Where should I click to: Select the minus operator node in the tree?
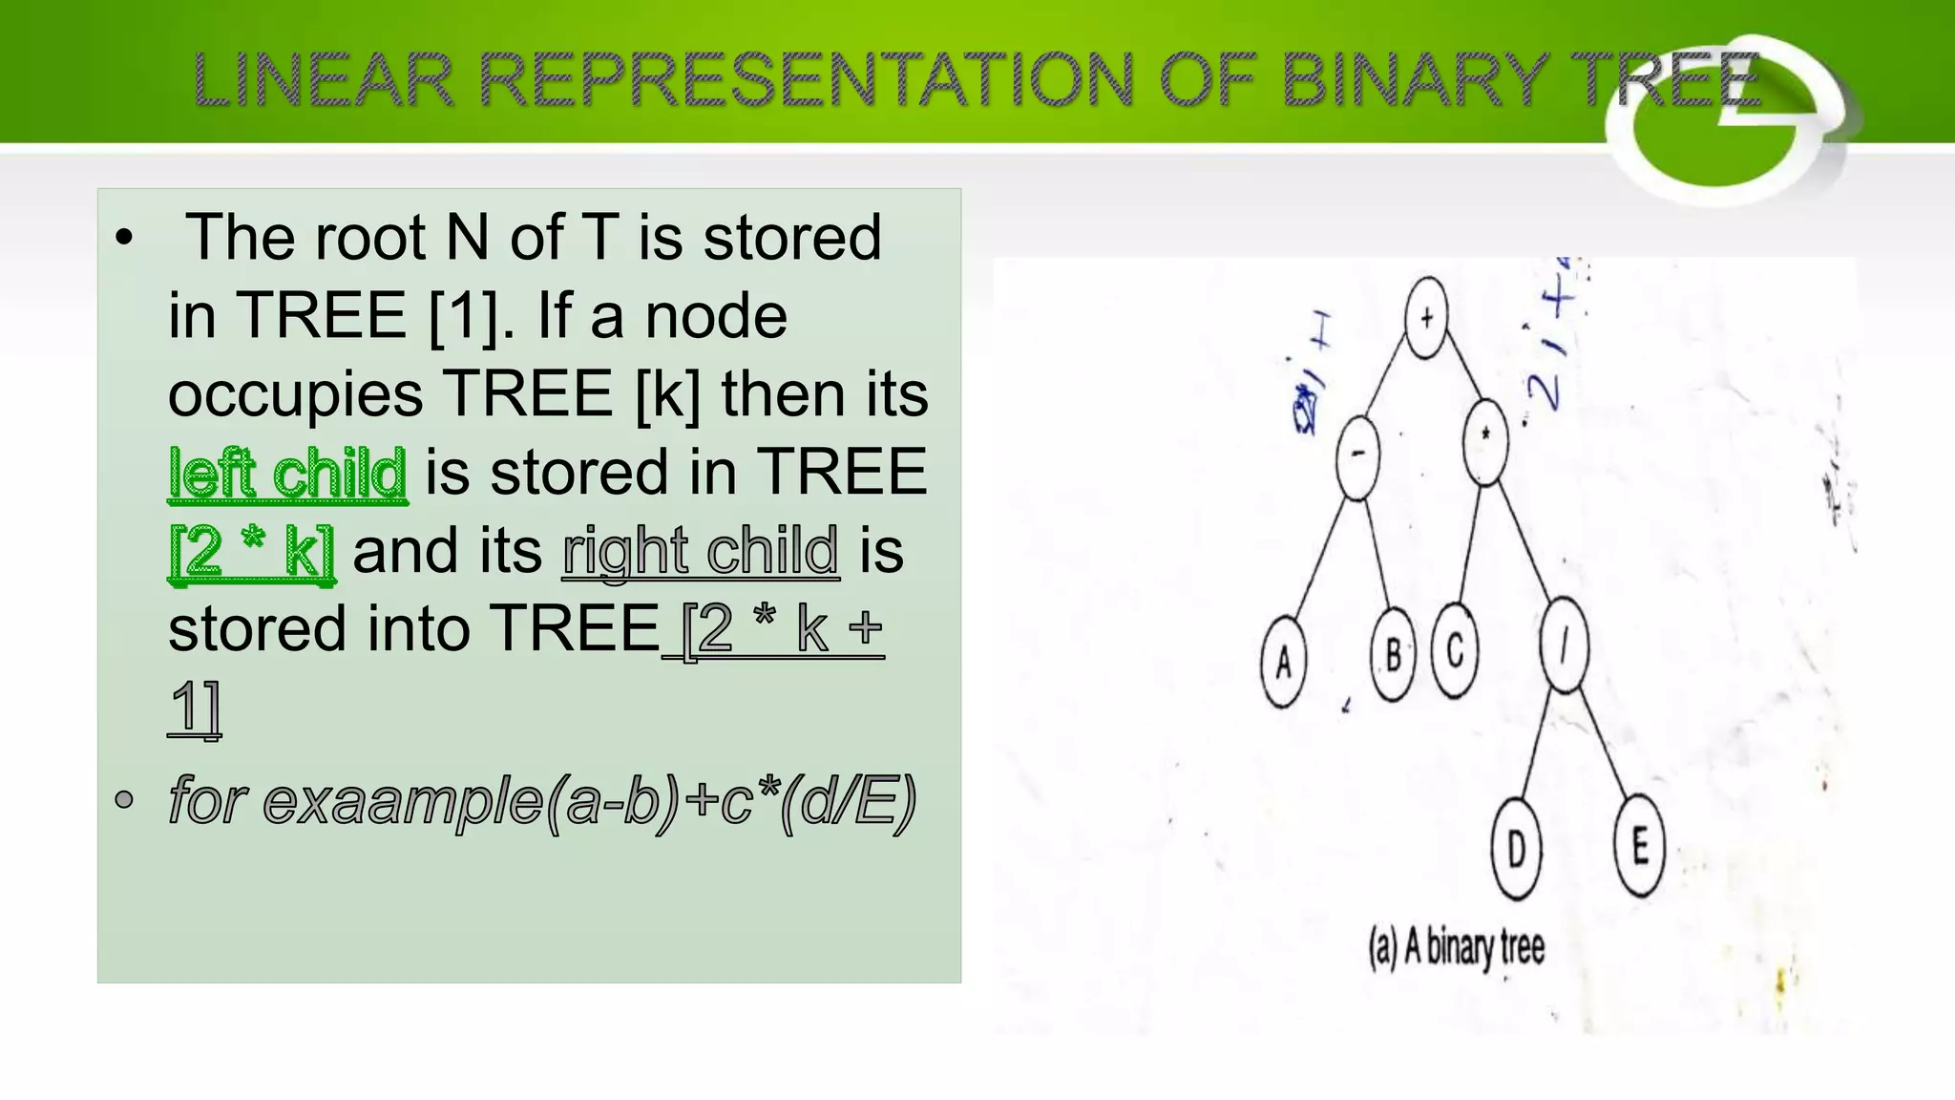1357,456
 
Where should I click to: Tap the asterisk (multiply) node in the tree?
1485,440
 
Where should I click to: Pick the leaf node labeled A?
1283,661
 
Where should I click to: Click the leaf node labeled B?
1393,655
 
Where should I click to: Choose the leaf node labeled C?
1455,650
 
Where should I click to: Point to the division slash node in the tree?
1564,645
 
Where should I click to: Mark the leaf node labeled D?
1517,849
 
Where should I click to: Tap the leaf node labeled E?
1639,845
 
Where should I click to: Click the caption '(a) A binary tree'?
1456,948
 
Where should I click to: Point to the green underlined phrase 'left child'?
287,474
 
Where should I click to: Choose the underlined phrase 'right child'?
701,551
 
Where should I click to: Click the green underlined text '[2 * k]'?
252,551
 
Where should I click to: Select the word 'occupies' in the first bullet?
296,394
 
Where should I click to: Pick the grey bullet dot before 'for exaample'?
124,799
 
